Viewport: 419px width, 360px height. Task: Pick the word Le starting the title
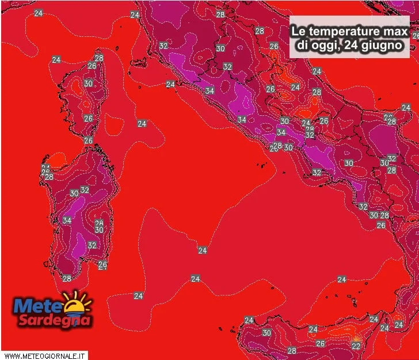[x=298, y=30]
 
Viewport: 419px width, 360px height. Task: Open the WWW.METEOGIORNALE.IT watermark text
[x=45, y=355]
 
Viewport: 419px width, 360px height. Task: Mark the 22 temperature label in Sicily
[x=356, y=346]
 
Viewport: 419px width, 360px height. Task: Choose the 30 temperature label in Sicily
[x=266, y=333]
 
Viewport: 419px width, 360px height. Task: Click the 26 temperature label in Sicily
[x=320, y=343]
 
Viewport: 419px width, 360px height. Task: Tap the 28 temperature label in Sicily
[x=292, y=350]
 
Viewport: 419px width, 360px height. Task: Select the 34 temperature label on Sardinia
[x=67, y=220]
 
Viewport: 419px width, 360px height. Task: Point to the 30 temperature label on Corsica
[x=88, y=84]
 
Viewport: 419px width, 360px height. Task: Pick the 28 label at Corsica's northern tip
[x=99, y=58]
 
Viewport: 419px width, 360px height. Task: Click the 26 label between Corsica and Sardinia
[x=88, y=141]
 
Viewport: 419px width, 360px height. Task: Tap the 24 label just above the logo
[x=138, y=295]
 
